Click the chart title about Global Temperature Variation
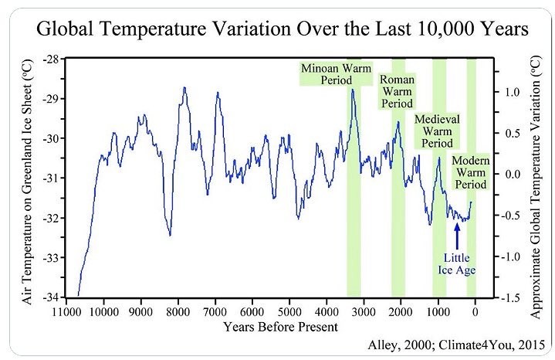[x=277, y=32]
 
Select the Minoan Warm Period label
[x=337, y=73]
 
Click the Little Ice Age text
[x=457, y=263]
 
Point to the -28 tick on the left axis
[x=49, y=59]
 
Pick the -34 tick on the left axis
[x=49, y=297]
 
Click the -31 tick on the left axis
[x=49, y=178]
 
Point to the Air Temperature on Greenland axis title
[x=27, y=178]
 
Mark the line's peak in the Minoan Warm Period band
[x=353, y=90]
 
